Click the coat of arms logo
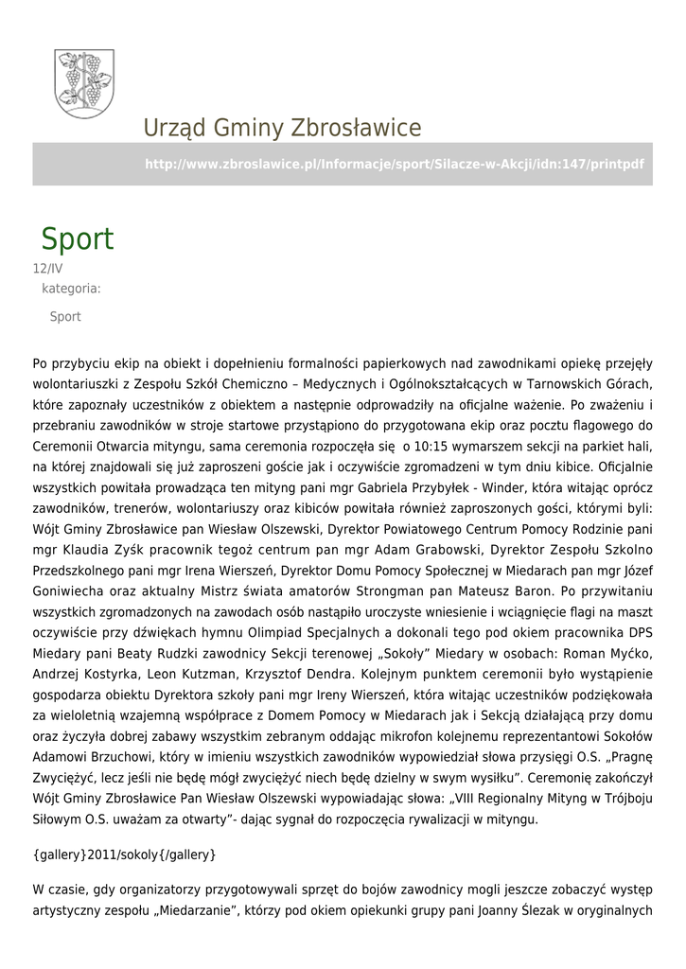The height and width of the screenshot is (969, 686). (85, 84)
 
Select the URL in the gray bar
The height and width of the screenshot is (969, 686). (394, 164)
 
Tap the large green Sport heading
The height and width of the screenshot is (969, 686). (77, 239)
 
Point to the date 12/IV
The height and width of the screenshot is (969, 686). (48, 269)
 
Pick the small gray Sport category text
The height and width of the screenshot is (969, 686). (65, 317)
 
